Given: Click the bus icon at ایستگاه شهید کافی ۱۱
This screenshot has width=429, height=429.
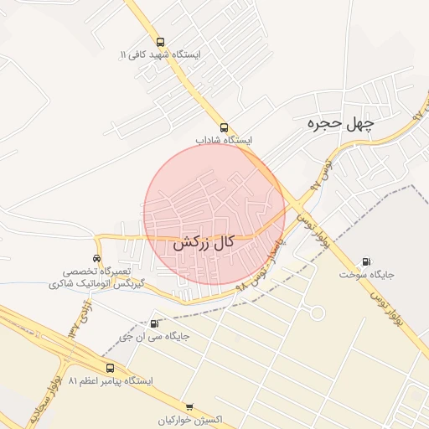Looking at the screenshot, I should pos(160,42).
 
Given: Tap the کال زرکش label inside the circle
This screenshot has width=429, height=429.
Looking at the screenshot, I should pos(203,244).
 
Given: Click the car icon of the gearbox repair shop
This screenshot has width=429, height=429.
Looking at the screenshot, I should pos(98,258).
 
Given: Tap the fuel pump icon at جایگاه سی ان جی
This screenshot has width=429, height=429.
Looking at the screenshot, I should pos(153,323).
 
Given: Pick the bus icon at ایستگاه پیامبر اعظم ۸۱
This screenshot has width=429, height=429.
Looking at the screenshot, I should pos(110,368).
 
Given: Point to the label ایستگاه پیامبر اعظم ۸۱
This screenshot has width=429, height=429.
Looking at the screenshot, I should pos(111,381).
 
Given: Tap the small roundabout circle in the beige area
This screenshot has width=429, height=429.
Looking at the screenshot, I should pos(318,313).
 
